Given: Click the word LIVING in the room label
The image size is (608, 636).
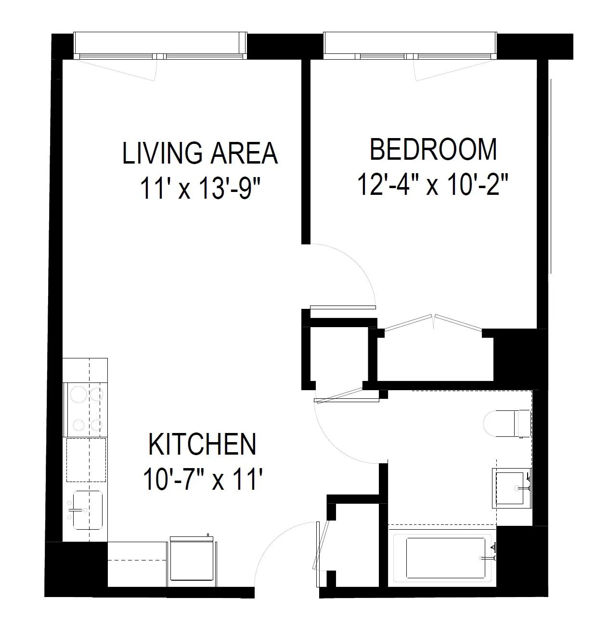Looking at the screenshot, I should [x=154, y=153].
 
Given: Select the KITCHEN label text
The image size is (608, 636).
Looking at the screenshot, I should [x=202, y=445].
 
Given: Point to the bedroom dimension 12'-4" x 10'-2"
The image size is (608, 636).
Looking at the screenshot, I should [x=433, y=185].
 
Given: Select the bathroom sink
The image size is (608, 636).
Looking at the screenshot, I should [x=511, y=488].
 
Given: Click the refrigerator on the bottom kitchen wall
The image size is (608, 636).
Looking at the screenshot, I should [x=192, y=561].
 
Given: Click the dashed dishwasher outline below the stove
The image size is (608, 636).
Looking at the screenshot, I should [x=86, y=459].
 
